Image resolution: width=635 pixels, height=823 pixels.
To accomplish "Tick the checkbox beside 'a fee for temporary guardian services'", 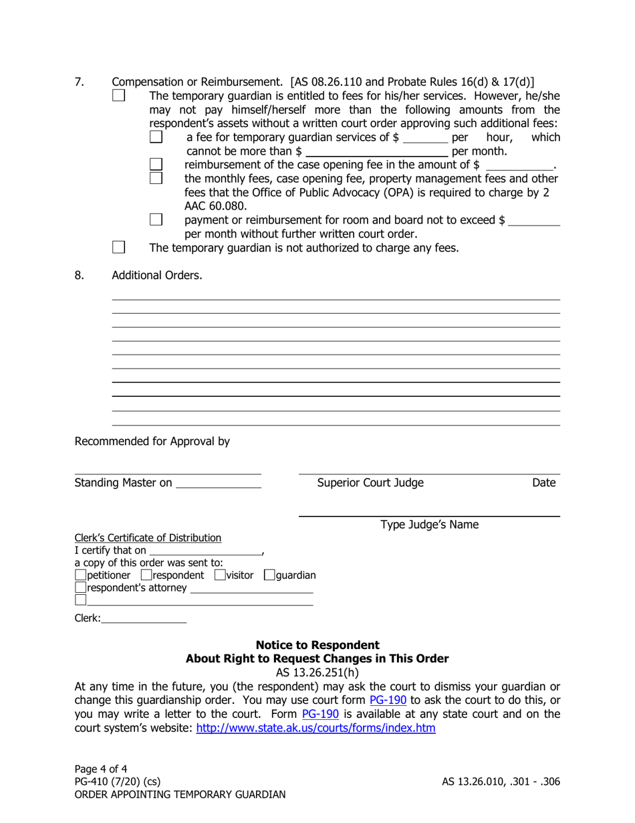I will coord(156,137).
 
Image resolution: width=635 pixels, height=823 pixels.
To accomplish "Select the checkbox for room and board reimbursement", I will coord(156,219).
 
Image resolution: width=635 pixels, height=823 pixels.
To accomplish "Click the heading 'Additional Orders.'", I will coord(156,275).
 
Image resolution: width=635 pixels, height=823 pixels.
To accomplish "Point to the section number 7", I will coord(79,82).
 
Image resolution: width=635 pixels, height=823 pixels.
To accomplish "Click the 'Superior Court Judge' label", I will coord(370,483).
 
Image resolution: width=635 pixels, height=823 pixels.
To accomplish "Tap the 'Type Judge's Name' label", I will coord(429,525).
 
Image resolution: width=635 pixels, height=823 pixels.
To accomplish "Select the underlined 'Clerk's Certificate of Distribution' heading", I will coord(148,537).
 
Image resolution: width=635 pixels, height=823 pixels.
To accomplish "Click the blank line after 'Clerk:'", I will coord(144,620).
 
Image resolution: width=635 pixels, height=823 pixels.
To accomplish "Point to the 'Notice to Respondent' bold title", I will coord(317,645).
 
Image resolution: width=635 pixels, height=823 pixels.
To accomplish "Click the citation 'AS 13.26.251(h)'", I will coord(317,672).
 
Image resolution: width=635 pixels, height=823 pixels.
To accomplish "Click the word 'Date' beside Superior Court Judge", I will coord(543,483).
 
